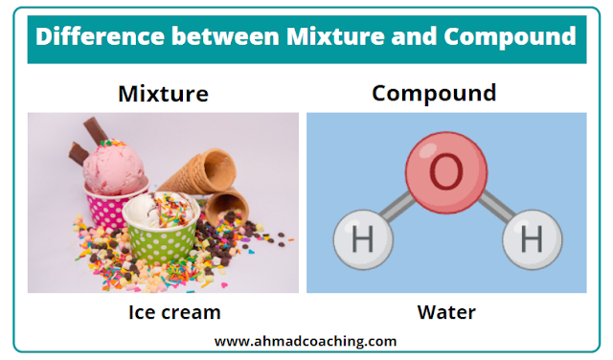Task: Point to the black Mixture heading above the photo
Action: pyautogui.click(x=163, y=94)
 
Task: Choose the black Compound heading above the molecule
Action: pyautogui.click(x=434, y=93)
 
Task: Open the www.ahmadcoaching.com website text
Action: pyautogui.click(x=306, y=340)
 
